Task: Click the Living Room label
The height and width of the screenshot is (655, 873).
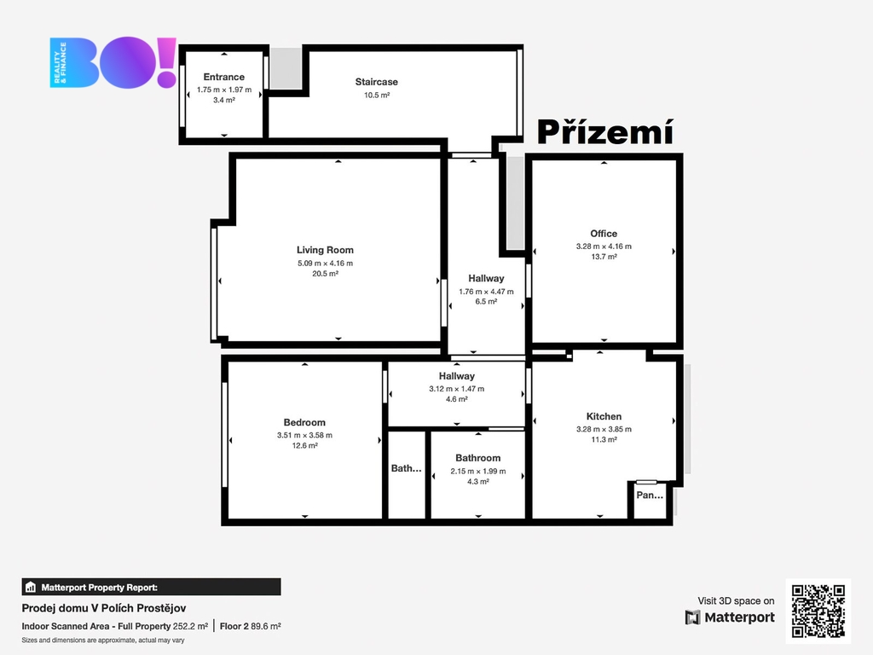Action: point(325,250)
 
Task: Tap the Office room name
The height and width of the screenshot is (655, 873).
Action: point(604,234)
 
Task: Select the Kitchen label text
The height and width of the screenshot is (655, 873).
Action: point(604,416)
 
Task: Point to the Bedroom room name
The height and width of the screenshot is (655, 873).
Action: point(304,422)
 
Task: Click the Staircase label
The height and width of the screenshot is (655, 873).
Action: point(376,82)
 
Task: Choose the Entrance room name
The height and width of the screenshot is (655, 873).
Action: point(224,77)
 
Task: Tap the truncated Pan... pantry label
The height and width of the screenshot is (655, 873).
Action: point(650,496)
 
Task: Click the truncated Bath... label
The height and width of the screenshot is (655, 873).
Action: point(406,468)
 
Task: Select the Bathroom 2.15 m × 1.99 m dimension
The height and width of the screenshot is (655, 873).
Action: point(478,471)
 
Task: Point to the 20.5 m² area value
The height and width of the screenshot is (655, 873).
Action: point(325,274)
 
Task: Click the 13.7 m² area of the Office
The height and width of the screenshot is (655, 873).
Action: point(604,257)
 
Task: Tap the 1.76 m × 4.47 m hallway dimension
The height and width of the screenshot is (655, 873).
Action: point(486,292)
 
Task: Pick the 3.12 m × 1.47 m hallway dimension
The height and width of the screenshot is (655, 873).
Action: point(457,389)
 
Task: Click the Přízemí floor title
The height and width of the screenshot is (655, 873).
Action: point(605,132)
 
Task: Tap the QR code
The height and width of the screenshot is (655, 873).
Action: point(818,611)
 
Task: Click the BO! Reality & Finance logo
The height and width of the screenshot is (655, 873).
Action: point(113,62)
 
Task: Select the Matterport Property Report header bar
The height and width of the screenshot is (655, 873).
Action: point(152,587)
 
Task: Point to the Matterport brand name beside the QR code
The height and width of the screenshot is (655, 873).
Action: point(739,617)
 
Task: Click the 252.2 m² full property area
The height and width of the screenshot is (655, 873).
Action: point(190,626)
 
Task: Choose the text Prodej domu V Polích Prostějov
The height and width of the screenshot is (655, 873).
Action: point(104,608)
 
